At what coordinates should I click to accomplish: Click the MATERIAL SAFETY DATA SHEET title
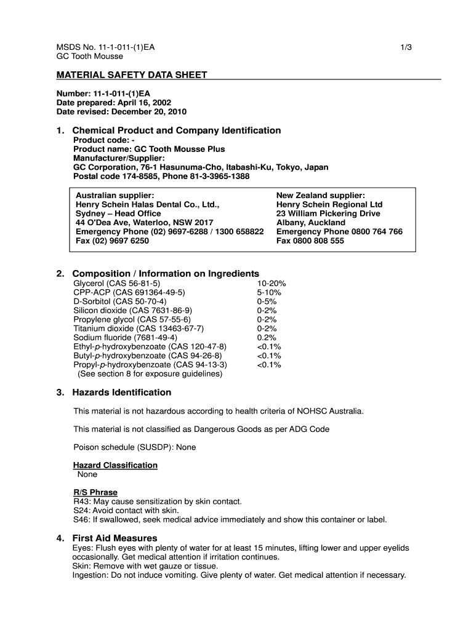132,75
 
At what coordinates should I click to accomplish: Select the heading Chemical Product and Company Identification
176,130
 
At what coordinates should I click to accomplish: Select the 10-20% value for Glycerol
271,283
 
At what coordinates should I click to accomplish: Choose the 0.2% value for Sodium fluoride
267,337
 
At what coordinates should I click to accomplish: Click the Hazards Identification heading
121,393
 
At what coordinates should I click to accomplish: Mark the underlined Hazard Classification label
115,465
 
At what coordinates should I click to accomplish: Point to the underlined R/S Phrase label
95,492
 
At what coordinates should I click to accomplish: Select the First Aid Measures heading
114,538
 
